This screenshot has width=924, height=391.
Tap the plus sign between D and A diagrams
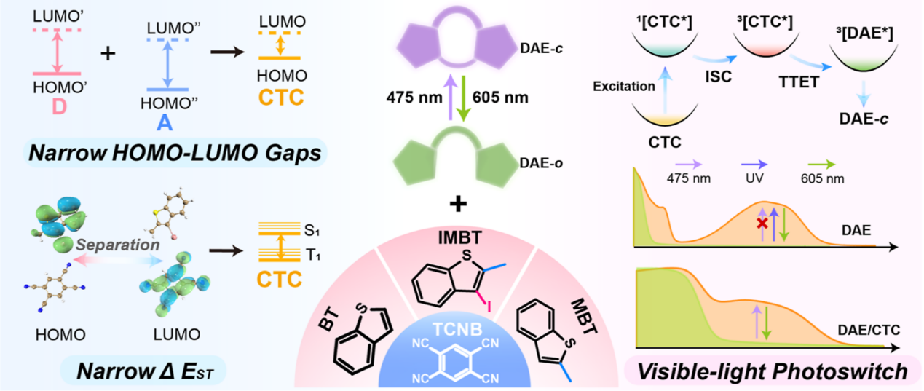(x=110, y=54)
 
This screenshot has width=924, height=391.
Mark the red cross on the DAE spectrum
(x=761, y=220)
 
